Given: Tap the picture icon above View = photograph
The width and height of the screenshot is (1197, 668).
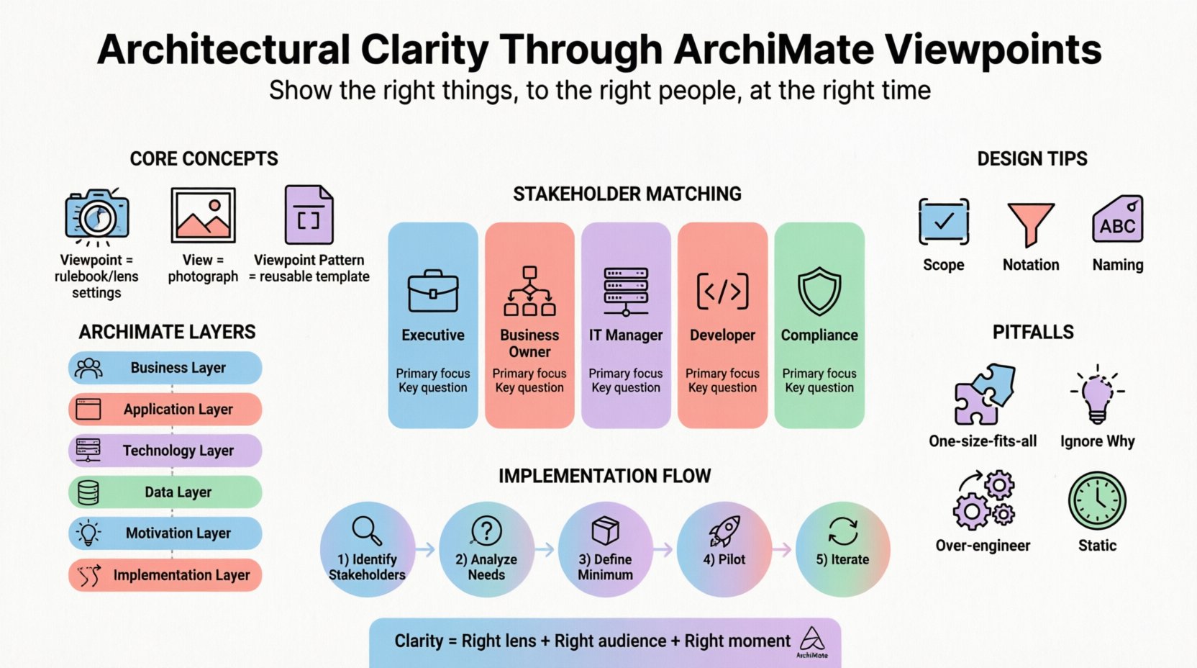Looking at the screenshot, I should [203, 215].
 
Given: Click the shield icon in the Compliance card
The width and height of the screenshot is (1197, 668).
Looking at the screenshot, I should [819, 291].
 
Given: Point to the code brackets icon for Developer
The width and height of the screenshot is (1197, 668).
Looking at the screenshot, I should [722, 291].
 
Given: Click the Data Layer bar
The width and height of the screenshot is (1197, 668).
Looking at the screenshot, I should [165, 492].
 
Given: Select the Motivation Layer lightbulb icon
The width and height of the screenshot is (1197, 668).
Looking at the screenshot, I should [88, 533].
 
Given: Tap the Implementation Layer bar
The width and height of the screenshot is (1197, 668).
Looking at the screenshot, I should [165, 575].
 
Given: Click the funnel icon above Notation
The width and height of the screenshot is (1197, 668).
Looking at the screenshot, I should [1031, 224].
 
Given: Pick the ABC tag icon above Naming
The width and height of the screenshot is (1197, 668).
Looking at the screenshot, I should [1117, 220].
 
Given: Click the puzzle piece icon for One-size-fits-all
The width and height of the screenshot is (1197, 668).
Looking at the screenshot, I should [983, 394].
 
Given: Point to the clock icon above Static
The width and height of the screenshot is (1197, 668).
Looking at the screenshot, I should [1097, 500].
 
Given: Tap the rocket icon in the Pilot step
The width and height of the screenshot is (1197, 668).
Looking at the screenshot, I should [724, 531].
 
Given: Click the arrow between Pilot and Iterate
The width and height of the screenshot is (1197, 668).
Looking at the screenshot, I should [783, 550].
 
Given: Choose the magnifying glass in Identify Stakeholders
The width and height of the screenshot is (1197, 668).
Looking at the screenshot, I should [367, 531].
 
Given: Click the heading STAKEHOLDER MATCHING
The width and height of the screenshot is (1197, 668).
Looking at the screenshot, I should [627, 194].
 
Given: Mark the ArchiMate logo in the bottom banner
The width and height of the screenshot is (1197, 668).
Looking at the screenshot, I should [812, 641].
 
